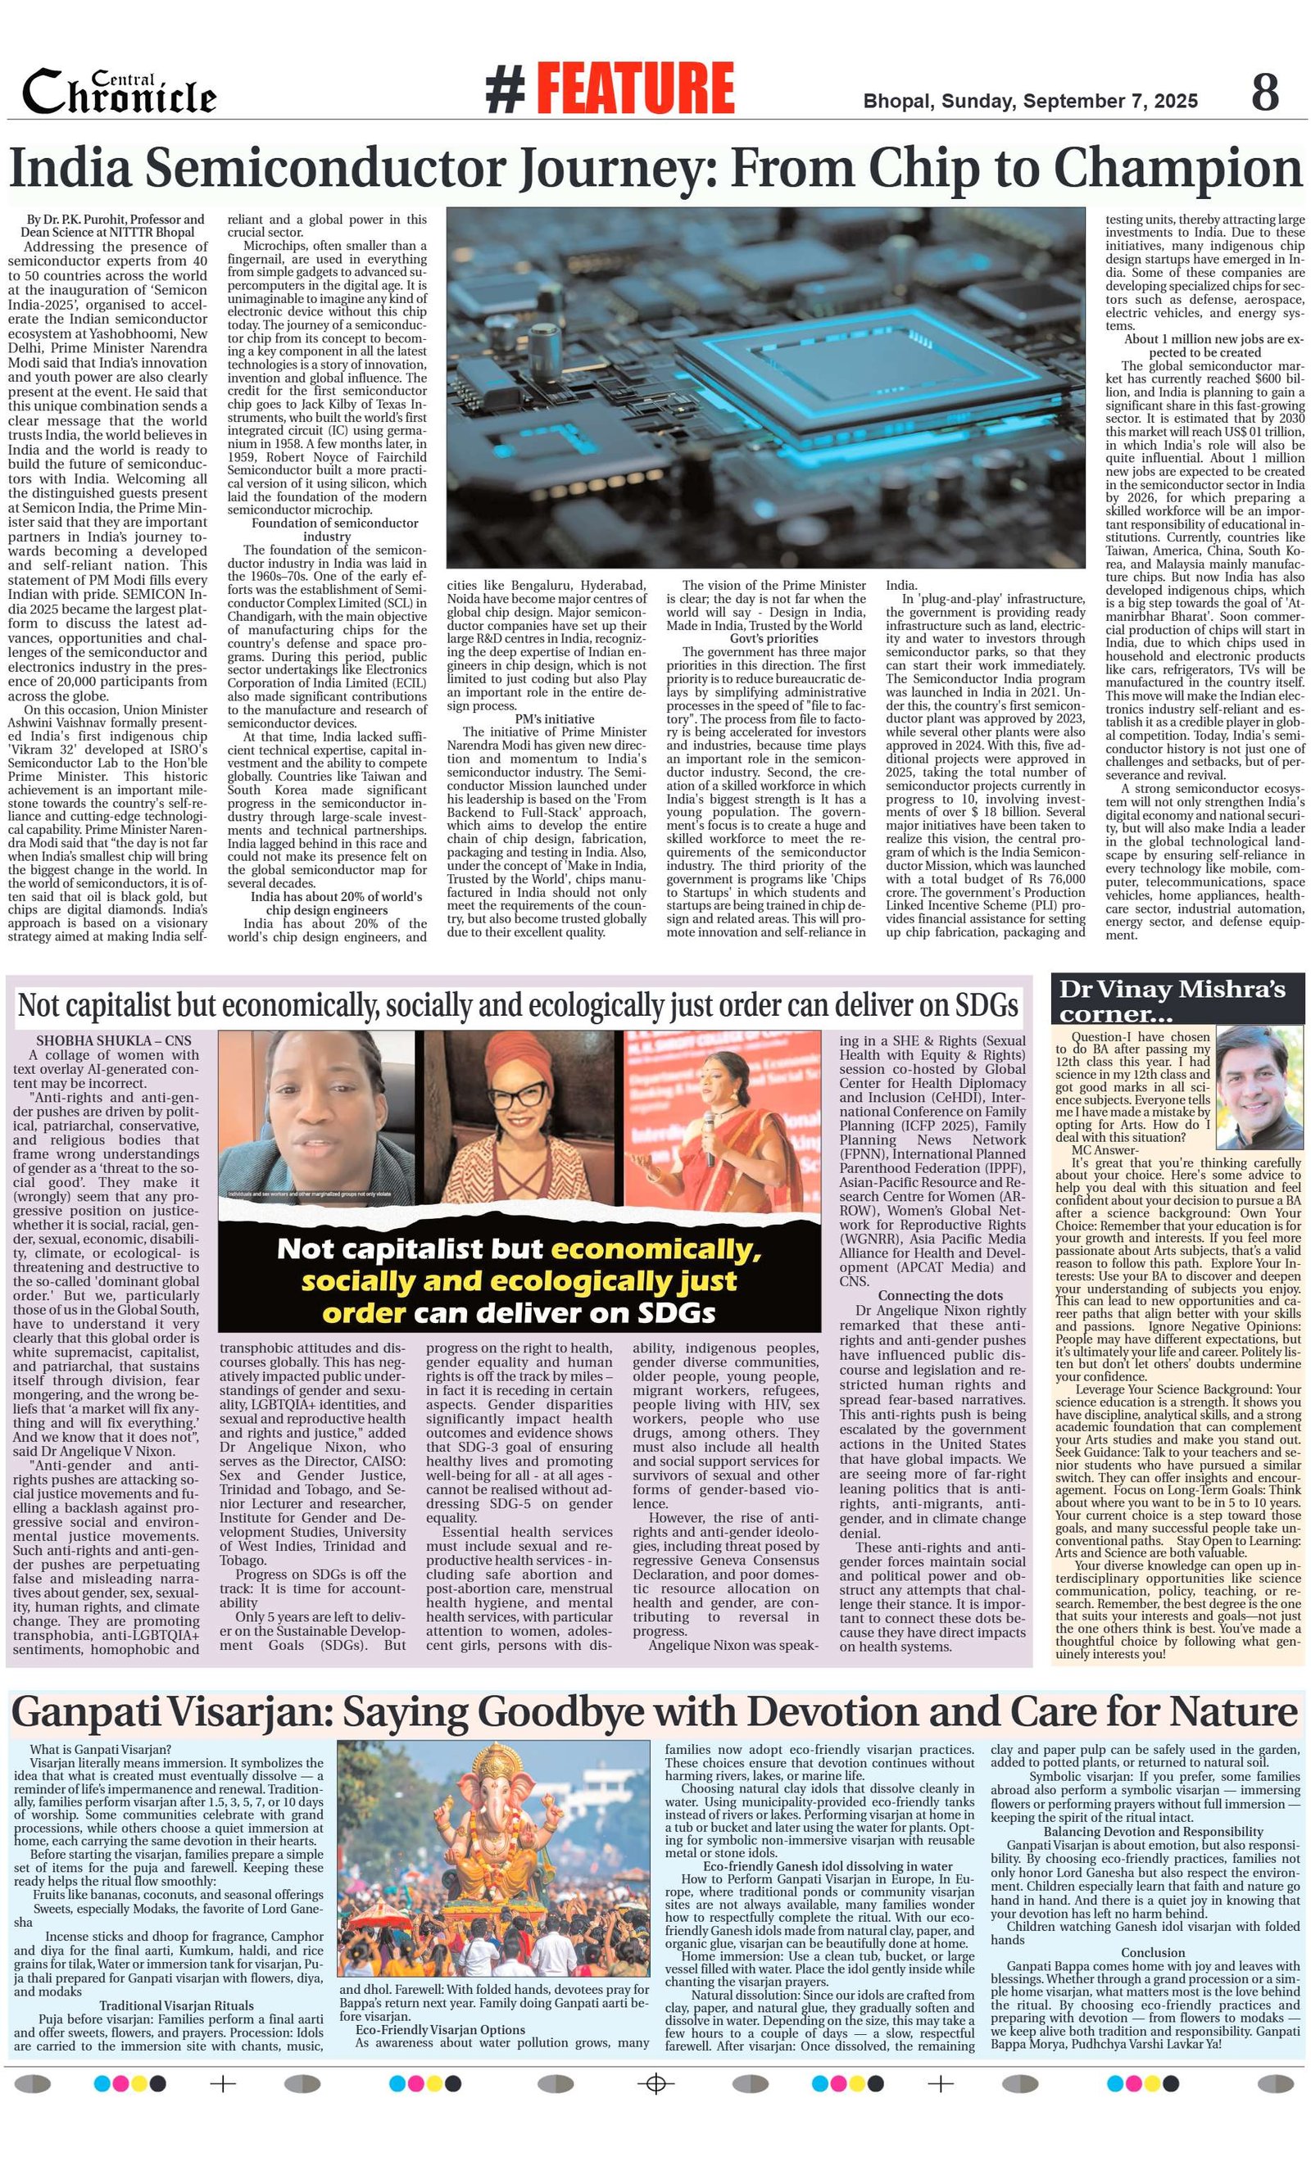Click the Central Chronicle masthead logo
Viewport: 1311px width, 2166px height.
(x=119, y=93)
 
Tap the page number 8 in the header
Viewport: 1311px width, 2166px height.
(x=1264, y=92)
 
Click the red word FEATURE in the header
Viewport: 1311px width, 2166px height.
(x=635, y=88)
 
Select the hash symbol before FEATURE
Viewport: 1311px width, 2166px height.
(x=506, y=89)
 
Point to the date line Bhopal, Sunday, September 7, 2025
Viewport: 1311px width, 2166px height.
(x=1030, y=101)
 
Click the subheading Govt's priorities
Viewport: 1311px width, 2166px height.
(x=773, y=638)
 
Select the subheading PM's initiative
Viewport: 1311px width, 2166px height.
(x=554, y=718)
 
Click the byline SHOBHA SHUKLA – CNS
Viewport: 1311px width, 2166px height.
(x=113, y=1040)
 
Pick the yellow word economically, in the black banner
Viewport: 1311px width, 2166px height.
(x=656, y=1249)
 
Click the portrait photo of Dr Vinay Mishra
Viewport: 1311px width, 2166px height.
(x=1259, y=1086)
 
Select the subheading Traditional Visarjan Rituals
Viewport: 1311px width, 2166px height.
(x=176, y=2005)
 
